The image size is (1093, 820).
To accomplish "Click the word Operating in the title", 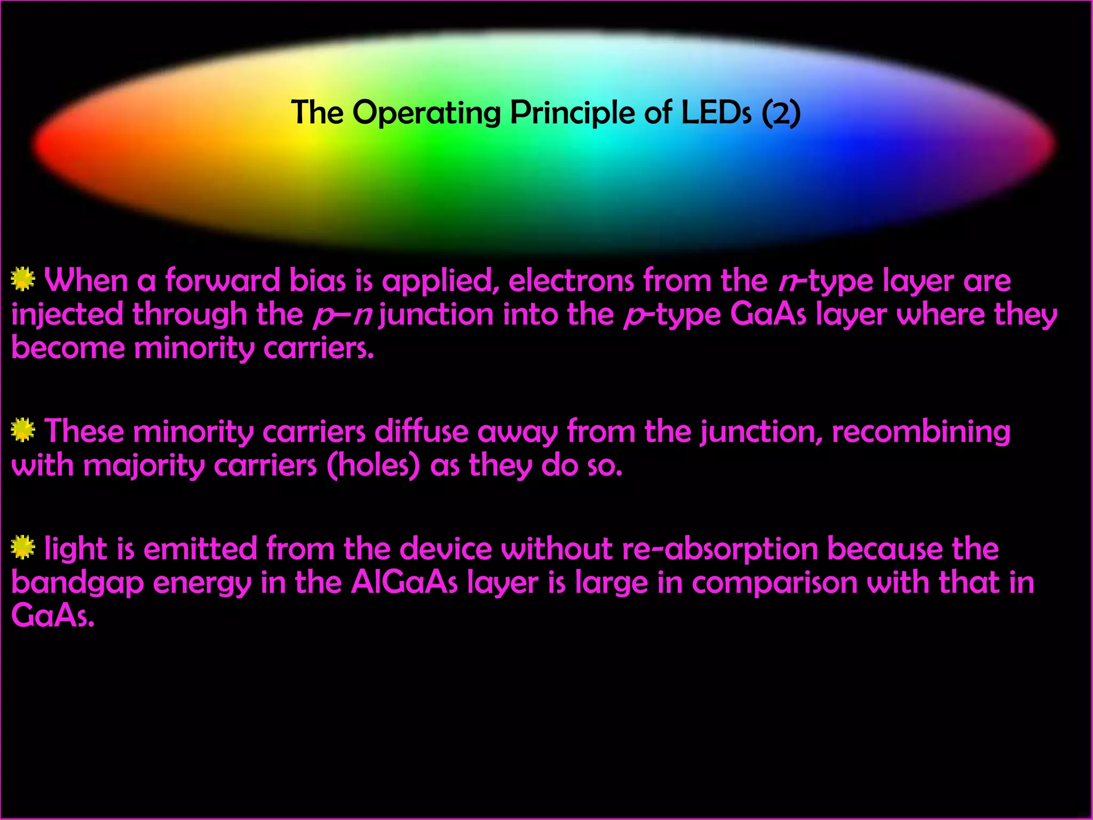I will tap(426, 113).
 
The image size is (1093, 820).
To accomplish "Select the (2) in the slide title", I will tap(781, 113).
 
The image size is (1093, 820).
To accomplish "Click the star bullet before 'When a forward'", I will tap(23, 280).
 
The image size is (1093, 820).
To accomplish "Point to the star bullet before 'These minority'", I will tap(23, 430).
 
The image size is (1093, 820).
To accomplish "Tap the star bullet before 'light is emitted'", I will tap(23, 548).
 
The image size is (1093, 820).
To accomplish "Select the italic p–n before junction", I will tap(342, 314).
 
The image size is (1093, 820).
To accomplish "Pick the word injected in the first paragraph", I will tap(67, 314).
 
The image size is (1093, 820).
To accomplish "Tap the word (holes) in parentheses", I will tap(373, 465).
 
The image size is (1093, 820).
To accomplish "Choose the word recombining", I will tap(921, 431).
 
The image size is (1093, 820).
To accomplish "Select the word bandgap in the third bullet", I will tap(77, 583).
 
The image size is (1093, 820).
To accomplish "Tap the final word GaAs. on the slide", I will tap(53, 617).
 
